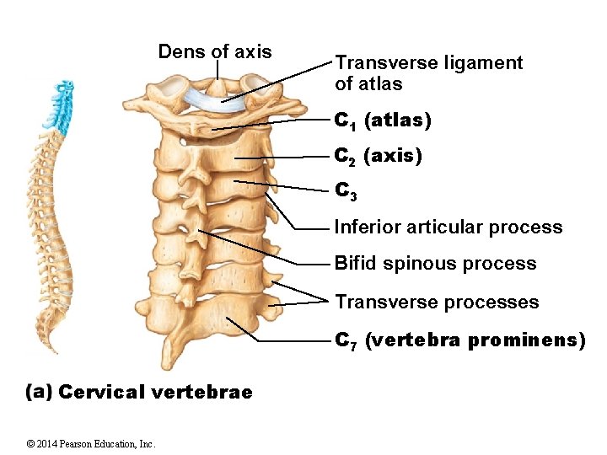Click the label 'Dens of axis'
point(215,52)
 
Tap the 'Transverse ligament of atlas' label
point(428,73)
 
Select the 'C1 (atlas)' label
point(384,121)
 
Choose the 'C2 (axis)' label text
point(379,157)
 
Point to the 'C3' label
point(346,192)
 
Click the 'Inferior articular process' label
point(448,227)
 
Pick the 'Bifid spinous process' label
point(435,264)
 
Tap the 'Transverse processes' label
point(437,302)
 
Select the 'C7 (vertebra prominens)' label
point(459,340)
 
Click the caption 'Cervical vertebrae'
point(156,392)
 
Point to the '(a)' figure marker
point(40,392)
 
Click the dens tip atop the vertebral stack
point(217,84)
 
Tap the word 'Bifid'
point(356,264)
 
